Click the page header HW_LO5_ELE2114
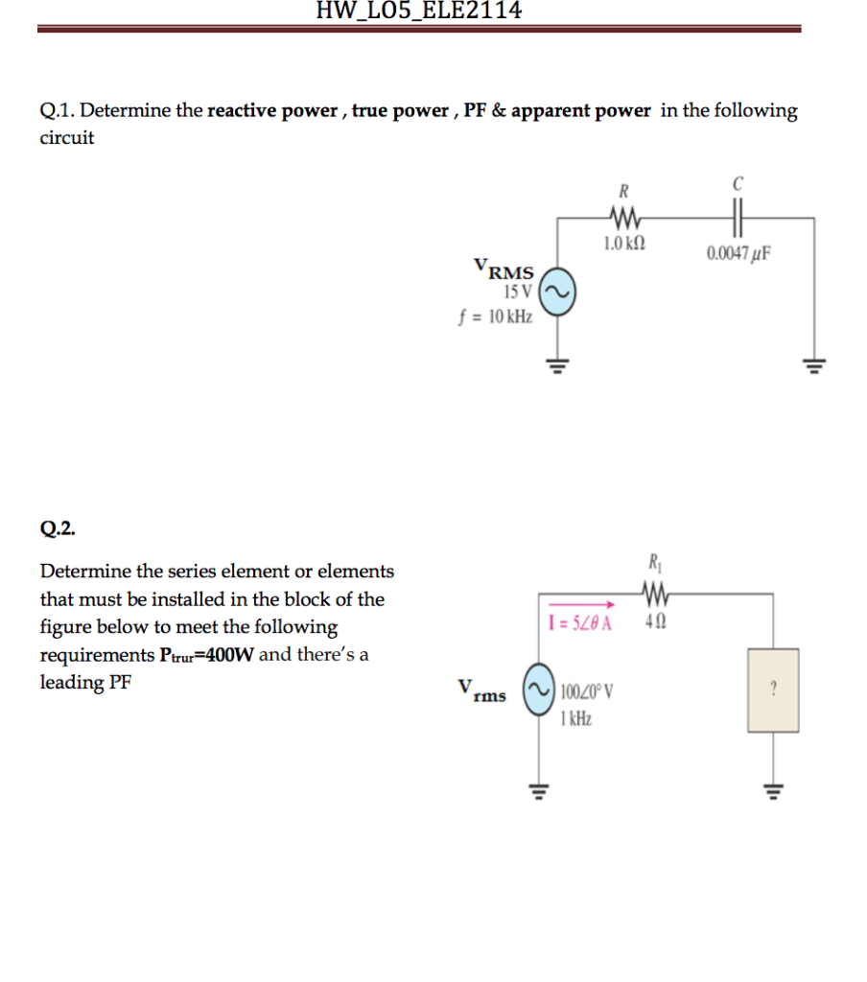point(419,11)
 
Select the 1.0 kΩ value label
point(624,245)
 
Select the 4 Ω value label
point(655,621)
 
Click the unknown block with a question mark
point(773,689)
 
